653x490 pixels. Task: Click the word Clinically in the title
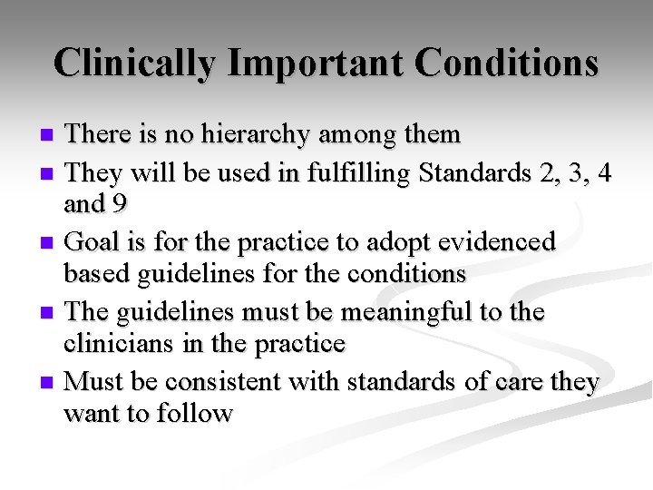pos(134,64)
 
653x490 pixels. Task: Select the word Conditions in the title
pos(506,64)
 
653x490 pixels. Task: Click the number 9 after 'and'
pos(119,205)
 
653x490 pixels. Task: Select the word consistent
pos(219,382)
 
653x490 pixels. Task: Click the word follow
pos(192,415)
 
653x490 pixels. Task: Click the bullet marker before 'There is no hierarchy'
pos(50,136)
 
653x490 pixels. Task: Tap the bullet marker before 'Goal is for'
pos(50,243)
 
